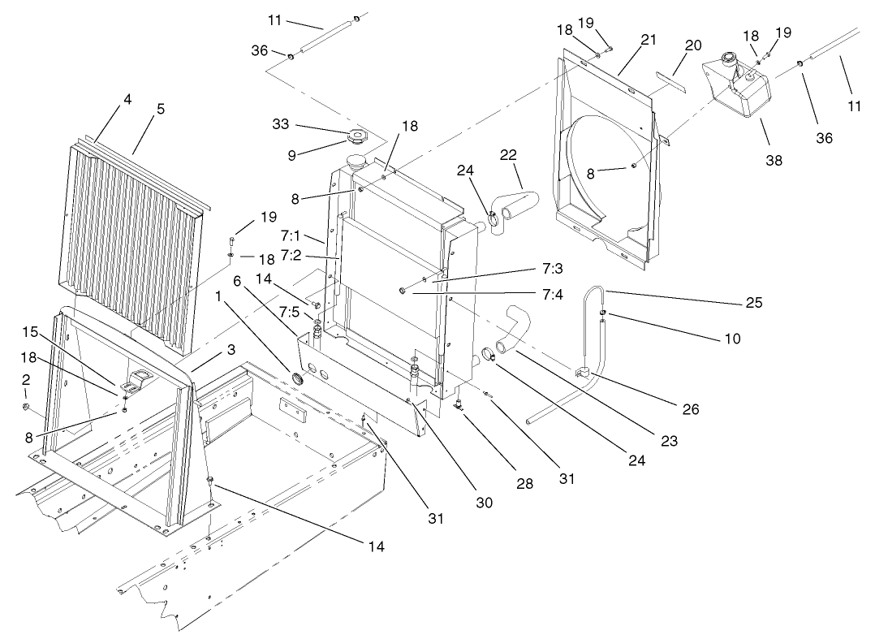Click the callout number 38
click(774, 160)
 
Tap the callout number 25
click(753, 302)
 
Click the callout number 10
click(732, 339)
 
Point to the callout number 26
click(691, 410)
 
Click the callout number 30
click(484, 503)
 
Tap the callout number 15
click(30, 333)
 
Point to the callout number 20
click(692, 45)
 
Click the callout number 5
click(161, 108)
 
